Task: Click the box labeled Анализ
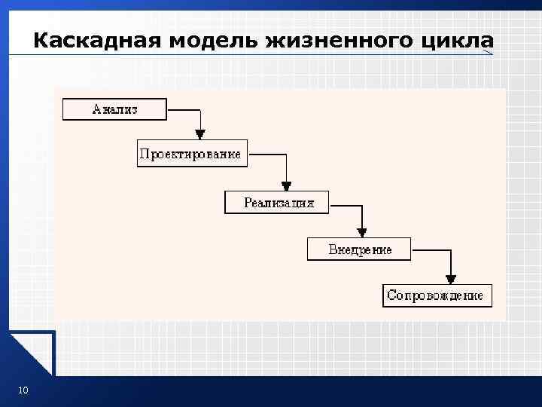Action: pyautogui.click(x=114, y=109)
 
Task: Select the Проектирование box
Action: pyautogui.click(x=190, y=155)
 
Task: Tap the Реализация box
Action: pyautogui.click(x=278, y=202)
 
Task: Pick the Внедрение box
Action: pyautogui.click(x=360, y=249)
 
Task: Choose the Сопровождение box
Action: pyautogui.click(x=437, y=295)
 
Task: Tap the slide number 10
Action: pyautogui.click(x=23, y=390)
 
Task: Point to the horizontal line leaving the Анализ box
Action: pyautogui.click(x=183, y=109)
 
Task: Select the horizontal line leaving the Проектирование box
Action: pyautogui.click(x=267, y=155)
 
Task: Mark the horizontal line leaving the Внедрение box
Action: pyautogui.click(x=431, y=249)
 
